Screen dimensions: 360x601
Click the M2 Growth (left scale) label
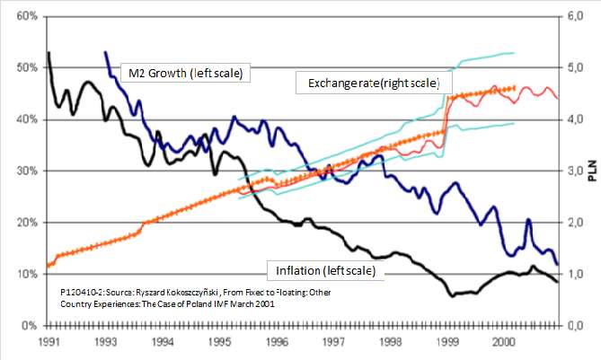click(183, 72)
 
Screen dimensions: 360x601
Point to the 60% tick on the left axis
click(24, 16)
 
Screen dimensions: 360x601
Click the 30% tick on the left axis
click(24, 171)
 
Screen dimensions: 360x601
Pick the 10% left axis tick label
click(24, 274)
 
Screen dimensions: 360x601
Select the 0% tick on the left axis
click(27, 325)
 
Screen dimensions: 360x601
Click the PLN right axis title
click(593, 171)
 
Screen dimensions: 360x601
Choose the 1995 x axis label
click(219, 342)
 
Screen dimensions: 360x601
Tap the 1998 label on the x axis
click(390, 342)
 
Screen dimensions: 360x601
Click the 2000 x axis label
click(504, 342)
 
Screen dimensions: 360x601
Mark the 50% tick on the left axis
click(24, 67)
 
